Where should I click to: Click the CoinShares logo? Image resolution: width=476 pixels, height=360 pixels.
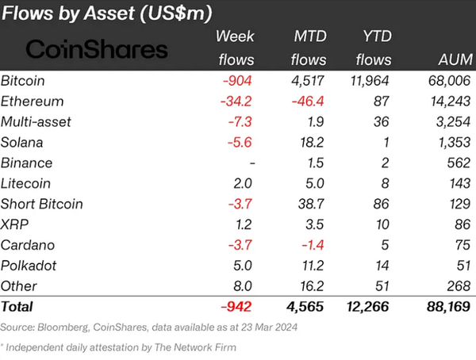tap(98, 50)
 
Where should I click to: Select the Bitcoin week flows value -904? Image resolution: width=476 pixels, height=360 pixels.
tap(238, 81)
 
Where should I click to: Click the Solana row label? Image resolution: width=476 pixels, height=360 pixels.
tap(22, 142)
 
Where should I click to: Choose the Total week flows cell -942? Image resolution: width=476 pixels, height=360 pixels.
tap(237, 305)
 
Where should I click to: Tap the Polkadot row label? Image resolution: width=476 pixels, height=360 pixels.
tap(29, 264)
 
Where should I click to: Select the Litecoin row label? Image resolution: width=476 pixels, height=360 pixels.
tap(26, 183)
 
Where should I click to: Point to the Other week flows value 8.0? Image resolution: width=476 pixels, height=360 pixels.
tap(243, 285)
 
